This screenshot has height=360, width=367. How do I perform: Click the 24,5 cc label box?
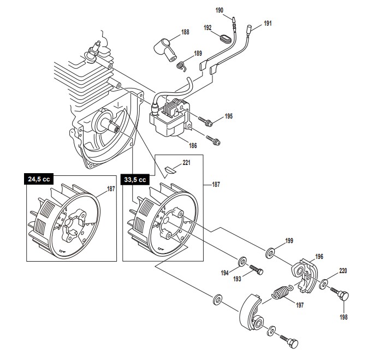(39, 179)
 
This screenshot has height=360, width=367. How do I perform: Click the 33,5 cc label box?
(135, 180)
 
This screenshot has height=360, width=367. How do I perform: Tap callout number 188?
(185, 32)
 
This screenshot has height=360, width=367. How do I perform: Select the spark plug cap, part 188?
(165, 50)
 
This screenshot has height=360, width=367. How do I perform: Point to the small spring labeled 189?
(181, 66)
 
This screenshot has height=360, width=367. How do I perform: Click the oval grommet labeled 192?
(226, 39)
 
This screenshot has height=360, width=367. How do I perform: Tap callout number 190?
(220, 10)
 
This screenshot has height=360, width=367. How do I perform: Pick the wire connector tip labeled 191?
(249, 29)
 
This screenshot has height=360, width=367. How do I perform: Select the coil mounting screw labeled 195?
(205, 121)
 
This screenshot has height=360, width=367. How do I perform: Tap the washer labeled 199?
(270, 253)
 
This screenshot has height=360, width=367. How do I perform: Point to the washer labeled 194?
(242, 262)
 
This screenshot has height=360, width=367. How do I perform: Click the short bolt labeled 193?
(257, 270)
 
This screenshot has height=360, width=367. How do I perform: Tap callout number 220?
(343, 271)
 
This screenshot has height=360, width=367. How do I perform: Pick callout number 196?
(319, 257)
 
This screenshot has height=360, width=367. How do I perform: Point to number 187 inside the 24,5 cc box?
(111, 188)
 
